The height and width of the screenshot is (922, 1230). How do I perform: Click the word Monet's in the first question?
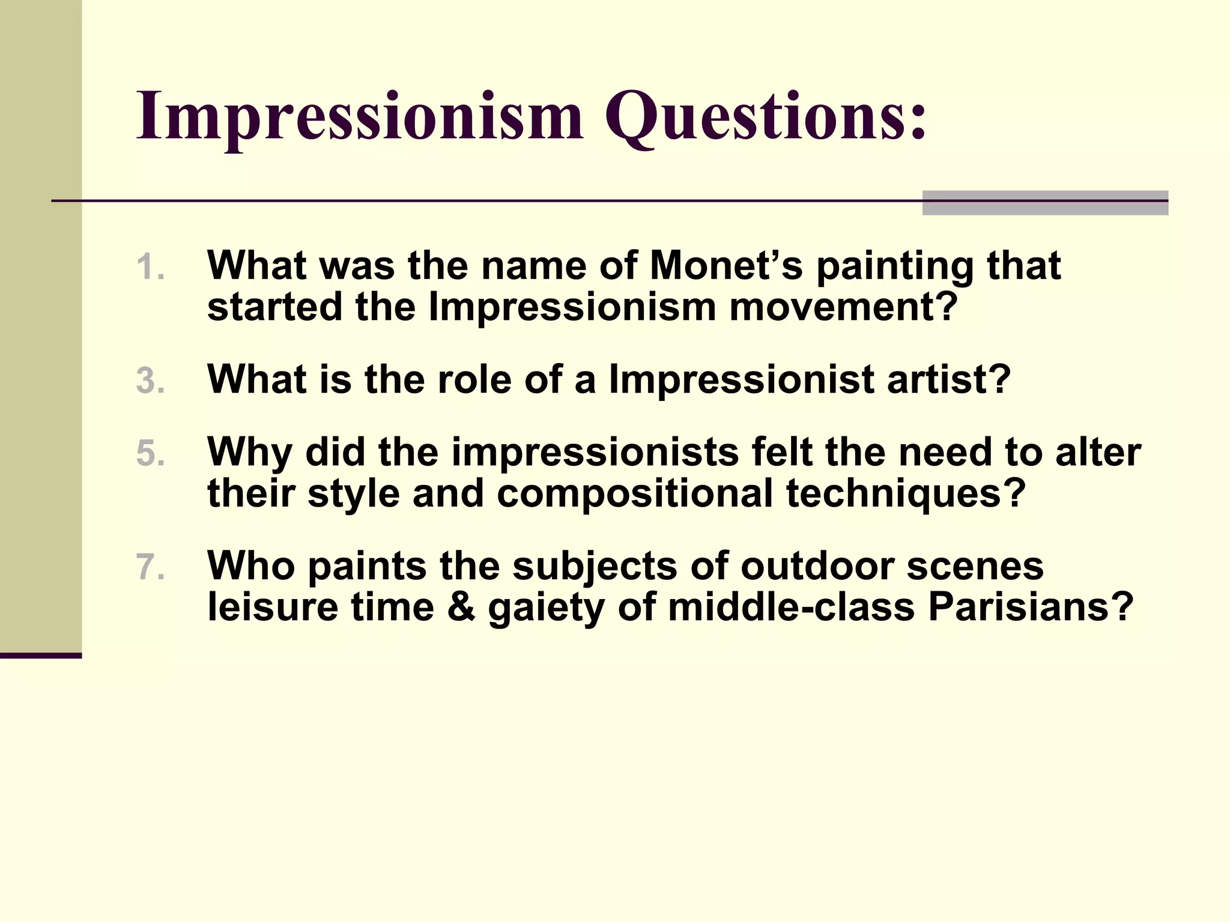[726, 265]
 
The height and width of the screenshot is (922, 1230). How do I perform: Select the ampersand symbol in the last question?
[461, 607]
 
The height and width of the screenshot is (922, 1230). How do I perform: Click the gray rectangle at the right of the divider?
[1045, 203]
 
